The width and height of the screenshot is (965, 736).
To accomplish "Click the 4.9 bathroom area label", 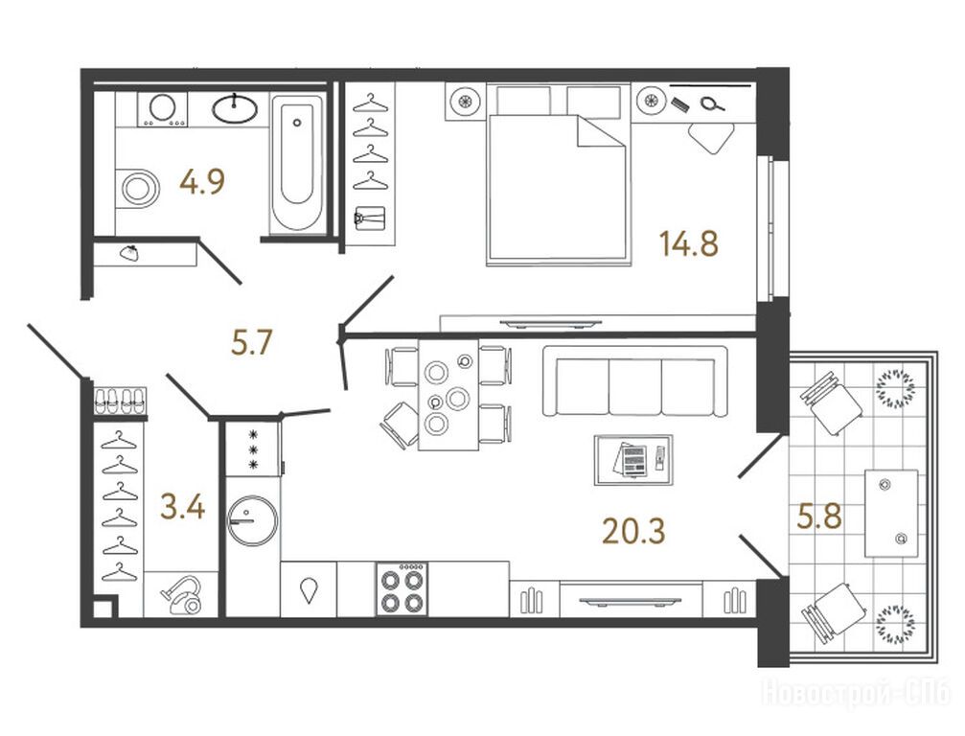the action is pos(202,181).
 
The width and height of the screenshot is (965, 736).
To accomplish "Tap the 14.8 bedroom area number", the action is pos(689,243).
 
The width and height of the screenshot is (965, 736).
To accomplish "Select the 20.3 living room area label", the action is pos(633,531).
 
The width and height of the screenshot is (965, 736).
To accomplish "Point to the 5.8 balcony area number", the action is pos(819,516).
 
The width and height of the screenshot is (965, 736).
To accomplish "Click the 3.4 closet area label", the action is pos(182,508).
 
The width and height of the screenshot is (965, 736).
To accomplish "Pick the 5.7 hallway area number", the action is pos(252,342).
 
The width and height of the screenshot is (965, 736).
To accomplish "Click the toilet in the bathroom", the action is pos(137,188).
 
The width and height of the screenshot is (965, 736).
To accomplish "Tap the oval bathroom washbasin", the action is pos(235,109).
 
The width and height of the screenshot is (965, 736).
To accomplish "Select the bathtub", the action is pos(297,164).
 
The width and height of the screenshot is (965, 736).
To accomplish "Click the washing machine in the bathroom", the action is pos(163,109).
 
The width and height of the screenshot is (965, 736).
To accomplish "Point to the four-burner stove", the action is pos(402,589).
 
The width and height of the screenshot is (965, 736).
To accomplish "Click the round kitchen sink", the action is pos(252,520).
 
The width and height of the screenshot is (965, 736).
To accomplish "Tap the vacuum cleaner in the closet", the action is pos(183,594).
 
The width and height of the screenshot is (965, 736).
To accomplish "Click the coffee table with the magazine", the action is pos(633,460).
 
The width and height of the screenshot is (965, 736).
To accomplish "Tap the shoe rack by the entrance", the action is pos(121,401).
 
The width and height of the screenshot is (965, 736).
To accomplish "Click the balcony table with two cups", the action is pos(892,514).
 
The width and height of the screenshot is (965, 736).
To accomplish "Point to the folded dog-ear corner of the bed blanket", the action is pos(601,132).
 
